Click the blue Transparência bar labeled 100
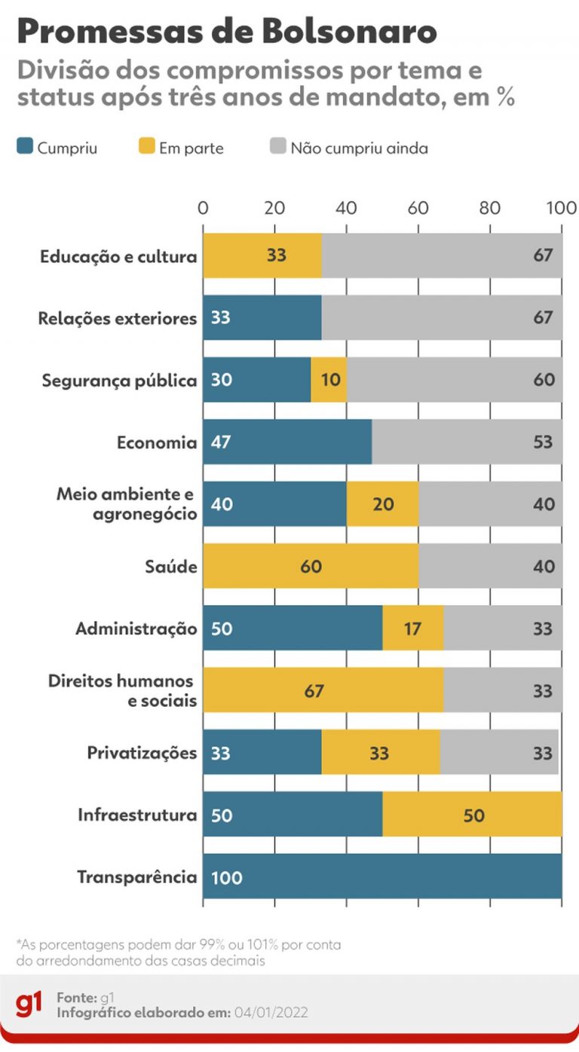(382, 876)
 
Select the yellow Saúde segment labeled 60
(311, 566)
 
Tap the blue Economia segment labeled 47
(287, 442)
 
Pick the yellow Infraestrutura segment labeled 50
(473, 815)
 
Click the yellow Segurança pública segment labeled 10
(329, 380)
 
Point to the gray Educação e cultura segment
(442, 255)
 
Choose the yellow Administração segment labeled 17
(412, 628)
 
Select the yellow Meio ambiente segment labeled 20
(382, 503)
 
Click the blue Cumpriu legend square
(24, 148)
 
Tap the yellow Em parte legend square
(147, 148)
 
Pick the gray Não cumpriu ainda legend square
(278, 148)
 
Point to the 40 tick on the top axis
(346, 208)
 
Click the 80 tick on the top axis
(490, 208)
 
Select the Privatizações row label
(142, 752)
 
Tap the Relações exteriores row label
(118, 318)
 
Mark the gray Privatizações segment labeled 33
(499, 752)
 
